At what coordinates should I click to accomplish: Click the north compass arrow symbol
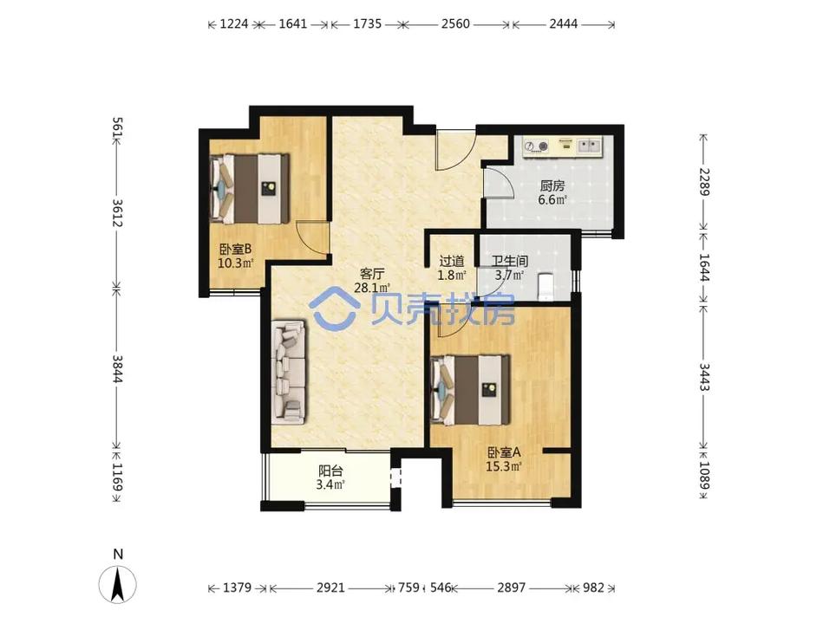[x=118, y=584]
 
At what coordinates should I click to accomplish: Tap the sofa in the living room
[x=288, y=372]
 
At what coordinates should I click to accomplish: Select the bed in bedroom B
[x=249, y=188]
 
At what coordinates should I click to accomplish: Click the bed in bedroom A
[x=470, y=390]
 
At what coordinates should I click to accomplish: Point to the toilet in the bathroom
[x=545, y=286]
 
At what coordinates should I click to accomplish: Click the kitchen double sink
[x=589, y=146]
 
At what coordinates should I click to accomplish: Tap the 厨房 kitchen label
[x=552, y=185]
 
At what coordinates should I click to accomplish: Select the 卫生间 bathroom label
[x=510, y=261]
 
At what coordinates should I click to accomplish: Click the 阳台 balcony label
[x=330, y=471]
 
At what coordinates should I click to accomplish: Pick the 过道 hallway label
[x=452, y=261]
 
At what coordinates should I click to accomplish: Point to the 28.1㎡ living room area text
[x=372, y=288]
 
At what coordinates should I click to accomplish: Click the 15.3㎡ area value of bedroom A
[x=503, y=466]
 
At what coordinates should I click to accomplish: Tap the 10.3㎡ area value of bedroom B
[x=236, y=263]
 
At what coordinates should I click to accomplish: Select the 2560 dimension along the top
[x=455, y=23]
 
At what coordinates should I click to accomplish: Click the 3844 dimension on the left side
[x=117, y=369]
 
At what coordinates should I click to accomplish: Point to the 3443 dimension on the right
[x=704, y=377]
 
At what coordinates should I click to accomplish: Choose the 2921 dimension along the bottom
[x=330, y=588]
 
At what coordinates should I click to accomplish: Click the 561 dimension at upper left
[x=117, y=128]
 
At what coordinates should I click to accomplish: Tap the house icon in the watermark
[x=333, y=307]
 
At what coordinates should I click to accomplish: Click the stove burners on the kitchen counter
[x=537, y=146]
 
